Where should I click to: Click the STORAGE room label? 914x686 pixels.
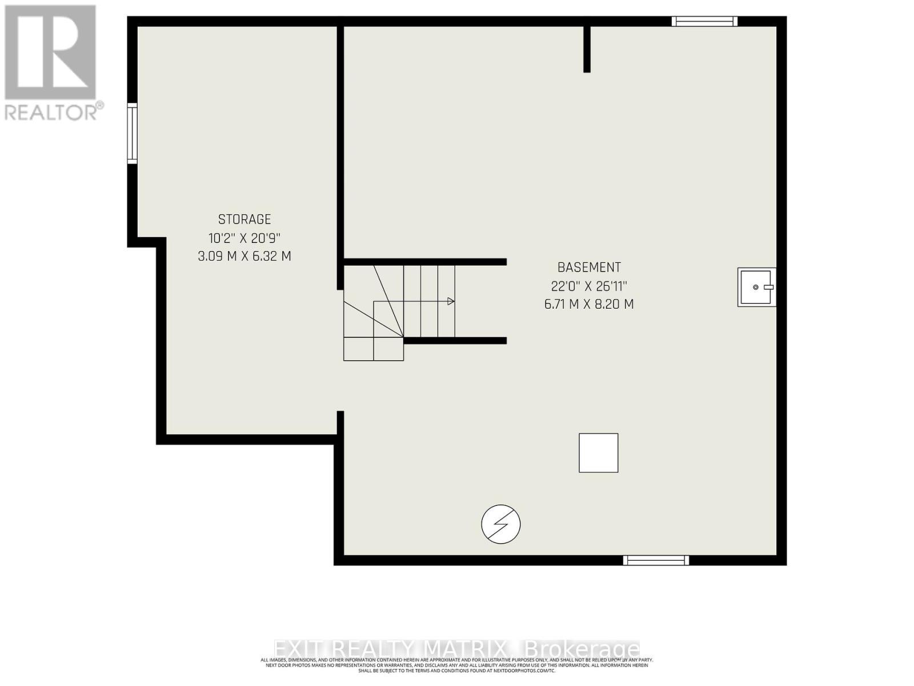click(x=244, y=219)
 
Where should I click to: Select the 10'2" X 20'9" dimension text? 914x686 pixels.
click(x=244, y=238)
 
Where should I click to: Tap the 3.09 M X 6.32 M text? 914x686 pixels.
click(x=244, y=256)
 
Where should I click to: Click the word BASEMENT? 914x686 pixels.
click(x=589, y=267)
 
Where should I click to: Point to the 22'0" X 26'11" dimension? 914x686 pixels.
click(x=589, y=286)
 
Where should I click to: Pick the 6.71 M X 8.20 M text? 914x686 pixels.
click(x=589, y=304)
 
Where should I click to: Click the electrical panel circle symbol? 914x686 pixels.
click(x=501, y=524)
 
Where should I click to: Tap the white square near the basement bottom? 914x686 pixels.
click(x=598, y=453)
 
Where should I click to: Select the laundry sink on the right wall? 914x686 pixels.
click(x=756, y=287)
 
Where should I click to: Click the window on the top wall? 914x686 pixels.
click(x=704, y=22)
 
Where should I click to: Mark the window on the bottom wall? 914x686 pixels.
click(x=656, y=560)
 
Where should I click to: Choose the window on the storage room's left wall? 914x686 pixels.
click(x=132, y=133)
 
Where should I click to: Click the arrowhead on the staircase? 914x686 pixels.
click(x=451, y=301)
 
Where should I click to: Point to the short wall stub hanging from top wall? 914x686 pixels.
click(x=587, y=49)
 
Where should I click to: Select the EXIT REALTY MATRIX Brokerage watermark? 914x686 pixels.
click(x=456, y=649)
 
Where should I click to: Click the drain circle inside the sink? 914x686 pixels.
click(x=755, y=287)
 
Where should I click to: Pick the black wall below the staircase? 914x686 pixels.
click(x=455, y=341)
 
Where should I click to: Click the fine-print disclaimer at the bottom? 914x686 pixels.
click(x=456, y=665)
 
